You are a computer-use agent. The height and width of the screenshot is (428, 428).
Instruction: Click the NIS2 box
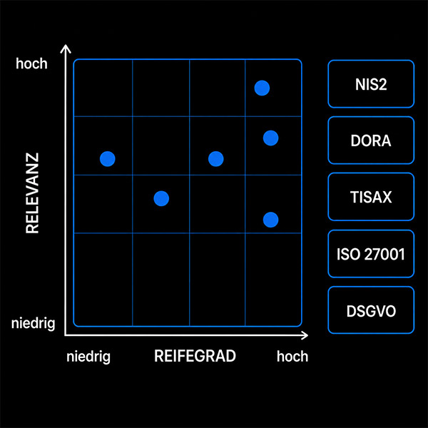(x=371, y=84)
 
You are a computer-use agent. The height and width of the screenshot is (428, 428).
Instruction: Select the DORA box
(x=371, y=141)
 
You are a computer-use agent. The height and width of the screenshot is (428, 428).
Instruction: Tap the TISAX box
(x=371, y=197)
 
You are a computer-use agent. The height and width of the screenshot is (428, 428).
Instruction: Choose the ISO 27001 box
(x=371, y=254)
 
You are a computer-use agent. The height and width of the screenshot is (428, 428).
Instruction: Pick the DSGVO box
(x=371, y=310)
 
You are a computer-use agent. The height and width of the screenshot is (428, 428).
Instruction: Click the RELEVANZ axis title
(x=32, y=193)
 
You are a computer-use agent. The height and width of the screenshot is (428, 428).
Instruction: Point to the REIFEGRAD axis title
(x=195, y=356)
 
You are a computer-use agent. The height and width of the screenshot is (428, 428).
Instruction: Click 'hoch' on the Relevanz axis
(x=31, y=63)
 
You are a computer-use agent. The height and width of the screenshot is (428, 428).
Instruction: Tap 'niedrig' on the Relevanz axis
(x=33, y=324)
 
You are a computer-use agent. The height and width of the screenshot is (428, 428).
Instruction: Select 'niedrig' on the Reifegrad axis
(x=88, y=357)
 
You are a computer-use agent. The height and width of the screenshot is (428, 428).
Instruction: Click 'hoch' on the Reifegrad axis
(x=292, y=357)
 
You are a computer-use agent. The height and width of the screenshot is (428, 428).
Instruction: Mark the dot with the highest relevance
(x=262, y=88)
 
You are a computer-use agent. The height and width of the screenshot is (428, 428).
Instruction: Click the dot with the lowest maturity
(x=108, y=159)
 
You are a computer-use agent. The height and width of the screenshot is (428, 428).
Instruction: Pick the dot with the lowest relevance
(x=271, y=220)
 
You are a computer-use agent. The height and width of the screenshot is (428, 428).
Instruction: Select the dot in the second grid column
(x=161, y=198)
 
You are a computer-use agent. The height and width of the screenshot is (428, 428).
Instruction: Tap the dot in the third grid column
(x=216, y=159)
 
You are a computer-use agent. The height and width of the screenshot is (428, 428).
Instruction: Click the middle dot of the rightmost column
(x=271, y=138)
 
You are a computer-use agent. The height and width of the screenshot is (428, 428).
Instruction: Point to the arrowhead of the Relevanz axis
(x=65, y=46)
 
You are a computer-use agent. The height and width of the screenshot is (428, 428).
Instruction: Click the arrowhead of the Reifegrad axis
(x=307, y=335)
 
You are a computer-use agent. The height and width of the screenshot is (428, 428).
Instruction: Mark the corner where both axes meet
(x=65, y=335)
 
